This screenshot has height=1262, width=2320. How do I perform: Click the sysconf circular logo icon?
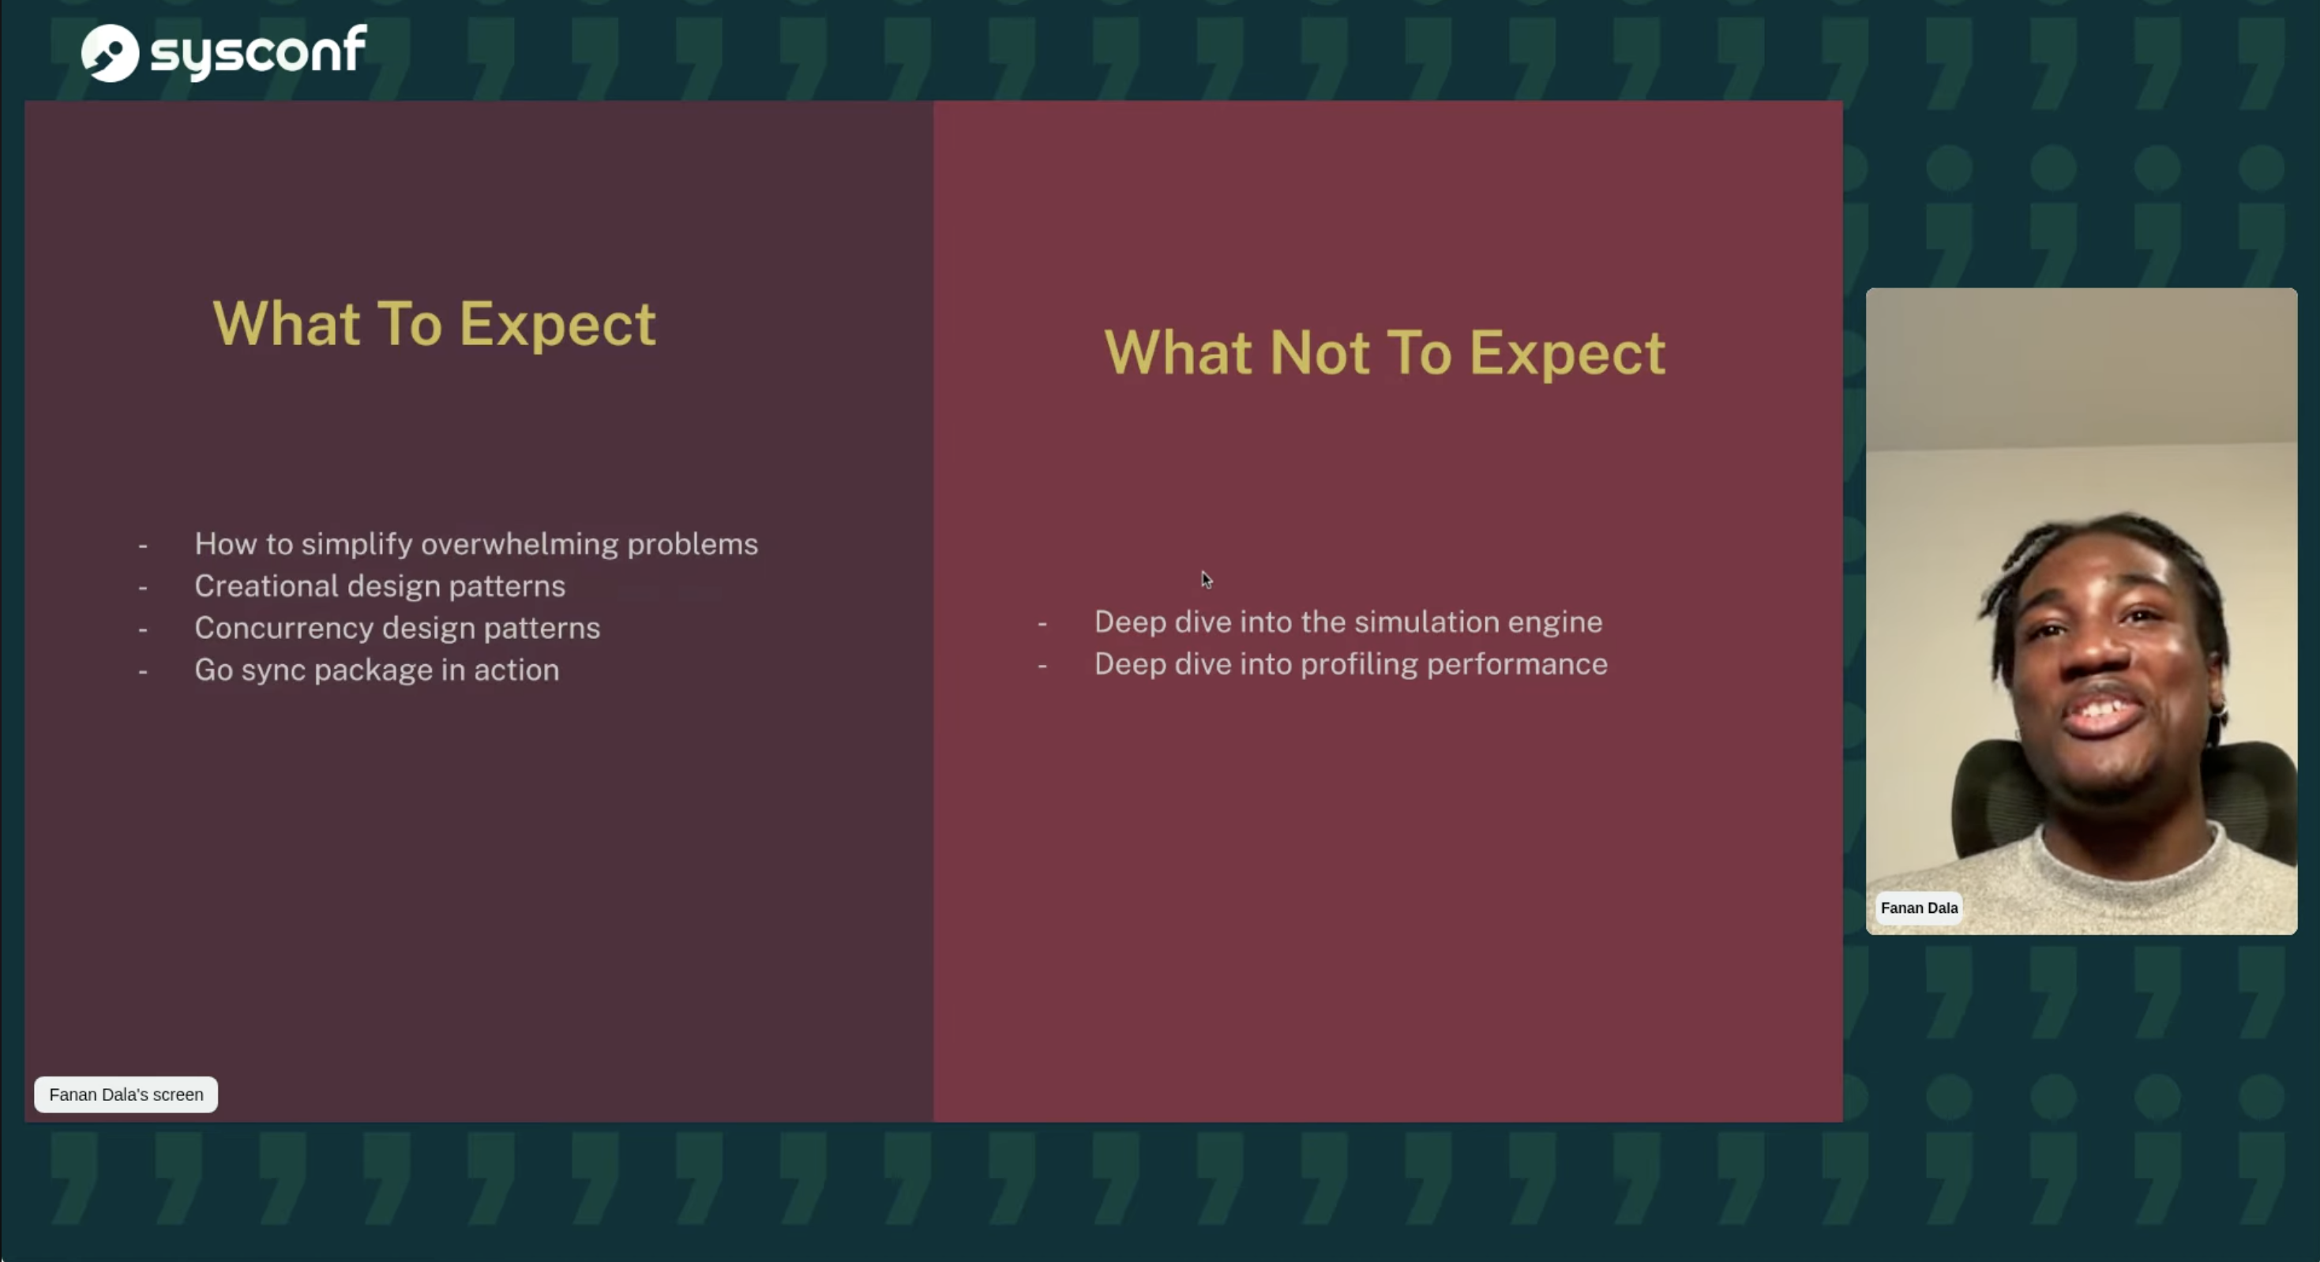point(110,52)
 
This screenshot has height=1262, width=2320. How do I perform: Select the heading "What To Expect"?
point(434,323)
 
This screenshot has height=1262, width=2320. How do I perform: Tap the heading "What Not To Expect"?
point(1384,352)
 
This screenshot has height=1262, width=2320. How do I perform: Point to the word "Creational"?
point(267,587)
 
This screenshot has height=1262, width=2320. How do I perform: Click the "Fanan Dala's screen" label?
point(126,1095)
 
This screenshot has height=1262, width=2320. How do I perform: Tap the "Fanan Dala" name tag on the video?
point(1919,908)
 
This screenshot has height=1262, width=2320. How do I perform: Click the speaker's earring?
point(2218,712)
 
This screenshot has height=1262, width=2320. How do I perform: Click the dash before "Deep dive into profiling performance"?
point(1042,666)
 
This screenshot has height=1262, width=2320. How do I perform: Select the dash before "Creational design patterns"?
point(142,588)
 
